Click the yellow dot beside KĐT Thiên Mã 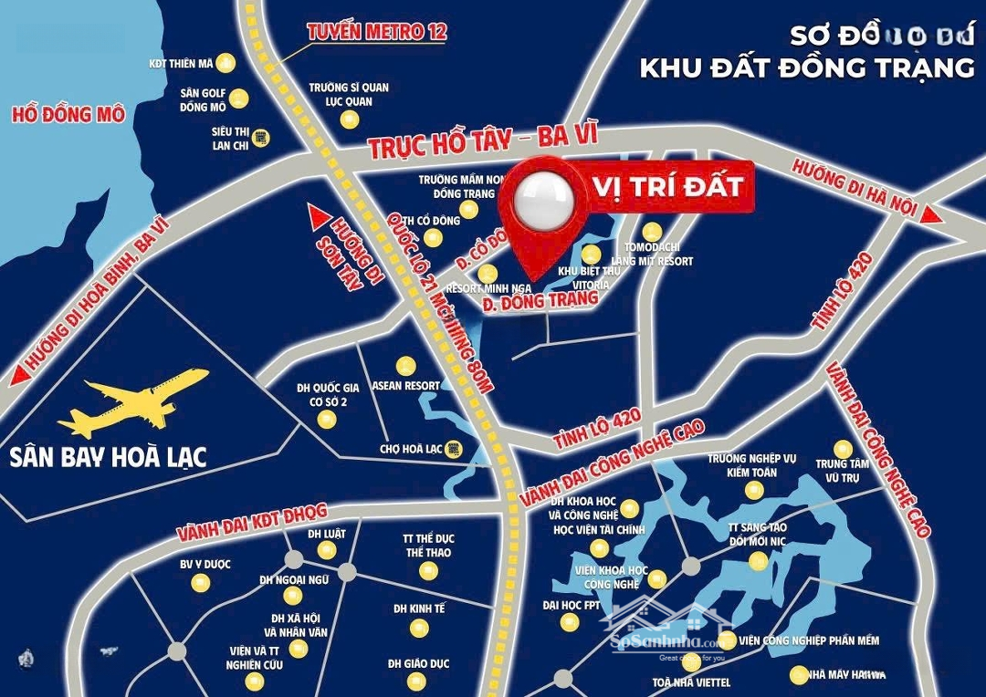pos(227,63)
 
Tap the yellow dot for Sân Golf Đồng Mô pos(239,99)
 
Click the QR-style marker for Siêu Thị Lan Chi pos(261,137)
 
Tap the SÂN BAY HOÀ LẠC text pos(108,456)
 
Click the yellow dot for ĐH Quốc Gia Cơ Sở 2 pos(326,420)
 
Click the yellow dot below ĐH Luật pos(327,550)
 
